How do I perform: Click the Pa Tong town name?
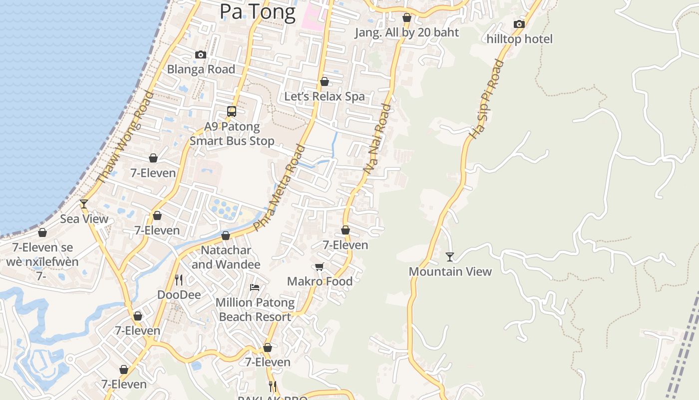pos(258,11)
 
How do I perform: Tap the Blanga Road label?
pos(201,69)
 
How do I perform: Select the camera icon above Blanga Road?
pos(201,54)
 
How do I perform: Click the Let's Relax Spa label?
pos(325,96)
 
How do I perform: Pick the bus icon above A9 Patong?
pos(232,111)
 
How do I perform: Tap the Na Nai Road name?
pos(377,139)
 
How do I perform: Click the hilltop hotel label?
pos(519,39)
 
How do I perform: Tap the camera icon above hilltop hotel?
pos(519,24)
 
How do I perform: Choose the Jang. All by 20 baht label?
pos(406,32)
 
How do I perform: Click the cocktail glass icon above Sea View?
pos(84,203)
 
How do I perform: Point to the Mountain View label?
pos(450,271)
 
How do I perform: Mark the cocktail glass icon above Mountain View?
pos(450,257)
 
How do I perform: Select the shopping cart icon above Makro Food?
pos(320,267)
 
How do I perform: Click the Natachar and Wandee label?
pos(226,257)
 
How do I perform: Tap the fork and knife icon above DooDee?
pos(179,280)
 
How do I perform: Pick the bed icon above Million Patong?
pos(255,287)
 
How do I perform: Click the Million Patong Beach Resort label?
pos(255,309)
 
